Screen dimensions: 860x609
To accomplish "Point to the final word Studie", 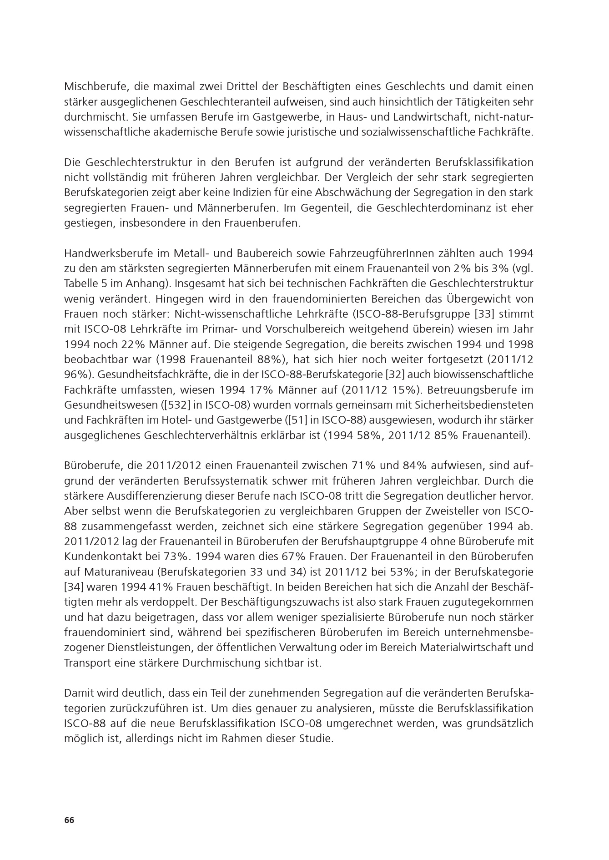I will [317, 739].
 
